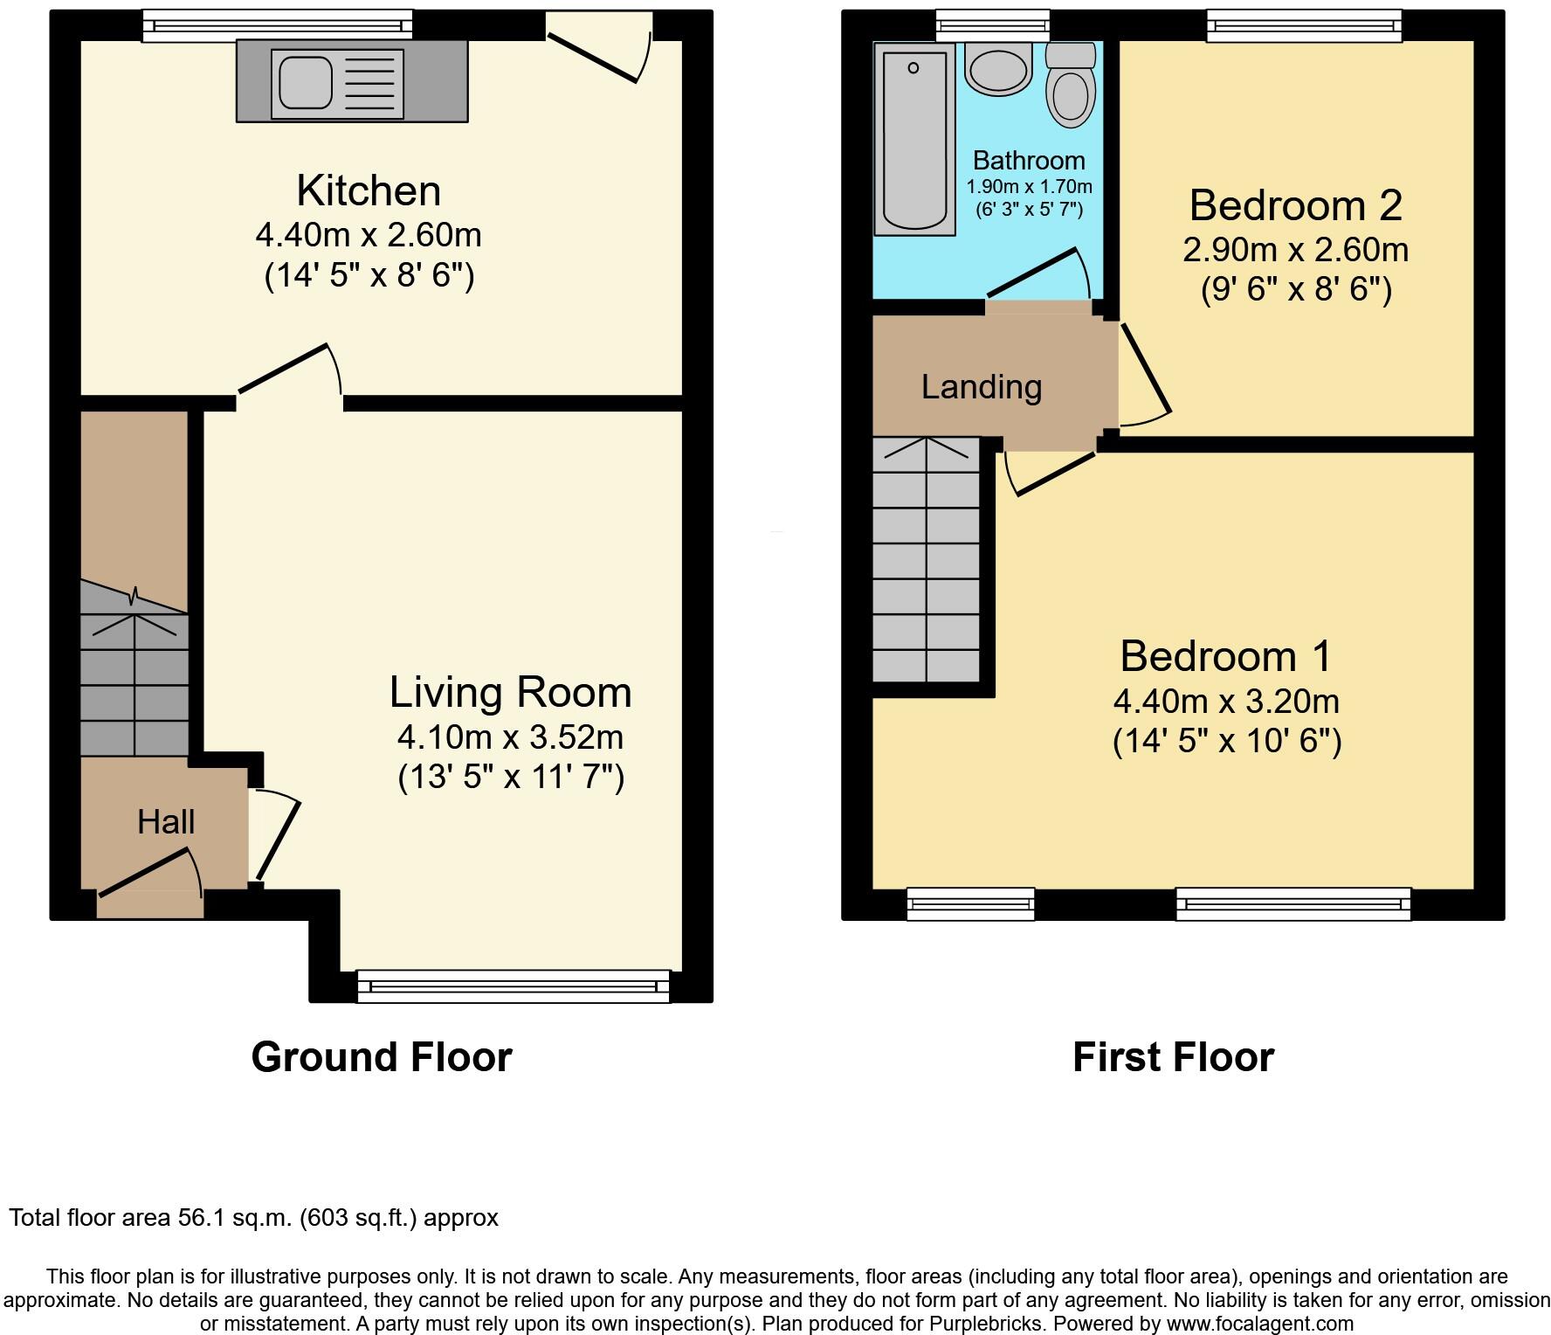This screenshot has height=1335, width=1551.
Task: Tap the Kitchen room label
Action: click(x=369, y=190)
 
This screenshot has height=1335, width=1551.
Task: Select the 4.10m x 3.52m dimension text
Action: click(x=510, y=737)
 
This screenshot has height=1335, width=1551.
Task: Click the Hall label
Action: click(x=166, y=822)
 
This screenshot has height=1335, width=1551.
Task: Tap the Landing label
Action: click(x=982, y=387)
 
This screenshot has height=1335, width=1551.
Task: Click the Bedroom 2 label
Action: click(x=1295, y=205)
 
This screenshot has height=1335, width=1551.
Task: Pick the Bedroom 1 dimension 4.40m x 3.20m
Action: click(x=1226, y=702)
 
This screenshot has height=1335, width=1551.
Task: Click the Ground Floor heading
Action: click(x=382, y=1057)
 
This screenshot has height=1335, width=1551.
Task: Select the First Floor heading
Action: click(x=1173, y=1057)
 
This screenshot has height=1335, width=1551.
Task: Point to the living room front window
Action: click(x=514, y=986)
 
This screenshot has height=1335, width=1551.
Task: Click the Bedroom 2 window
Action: click(x=1304, y=25)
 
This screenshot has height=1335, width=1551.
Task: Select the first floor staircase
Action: click(x=927, y=559)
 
